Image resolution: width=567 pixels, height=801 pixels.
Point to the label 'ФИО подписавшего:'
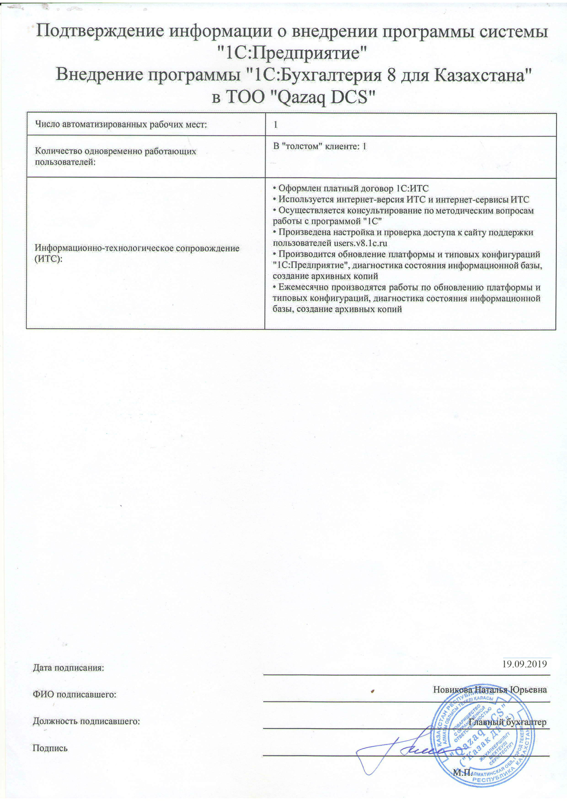tap(74, 694)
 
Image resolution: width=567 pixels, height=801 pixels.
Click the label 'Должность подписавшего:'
tap(86, 721)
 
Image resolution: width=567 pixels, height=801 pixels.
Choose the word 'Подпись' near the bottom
tap(50, 748)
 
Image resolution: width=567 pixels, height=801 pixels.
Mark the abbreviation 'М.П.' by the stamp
tap(462, 769)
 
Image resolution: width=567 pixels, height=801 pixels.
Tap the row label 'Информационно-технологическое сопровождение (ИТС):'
tap(137, 253)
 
